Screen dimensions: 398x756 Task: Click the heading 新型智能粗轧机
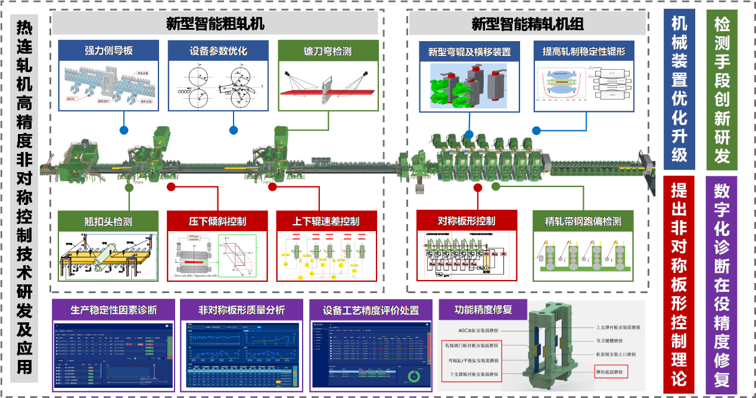click(215, 24)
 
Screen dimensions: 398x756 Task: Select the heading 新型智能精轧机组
click(527, 24)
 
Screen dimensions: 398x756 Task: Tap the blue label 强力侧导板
click(108, 51)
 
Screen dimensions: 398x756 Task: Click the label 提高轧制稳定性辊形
click(583, 52)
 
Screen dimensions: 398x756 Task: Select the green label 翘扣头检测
click(108, 222)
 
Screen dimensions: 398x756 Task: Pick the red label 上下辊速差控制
click(326, 222)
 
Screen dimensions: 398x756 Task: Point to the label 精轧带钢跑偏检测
click(583, 222)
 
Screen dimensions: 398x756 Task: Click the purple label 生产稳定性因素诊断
click(114, 310)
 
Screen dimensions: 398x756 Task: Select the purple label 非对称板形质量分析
click(241, 310)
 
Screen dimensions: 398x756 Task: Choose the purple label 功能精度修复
click(483, 310)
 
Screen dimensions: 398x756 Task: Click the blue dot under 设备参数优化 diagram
click(234, 130)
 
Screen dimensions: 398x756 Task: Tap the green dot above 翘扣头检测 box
click(129, 187)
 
